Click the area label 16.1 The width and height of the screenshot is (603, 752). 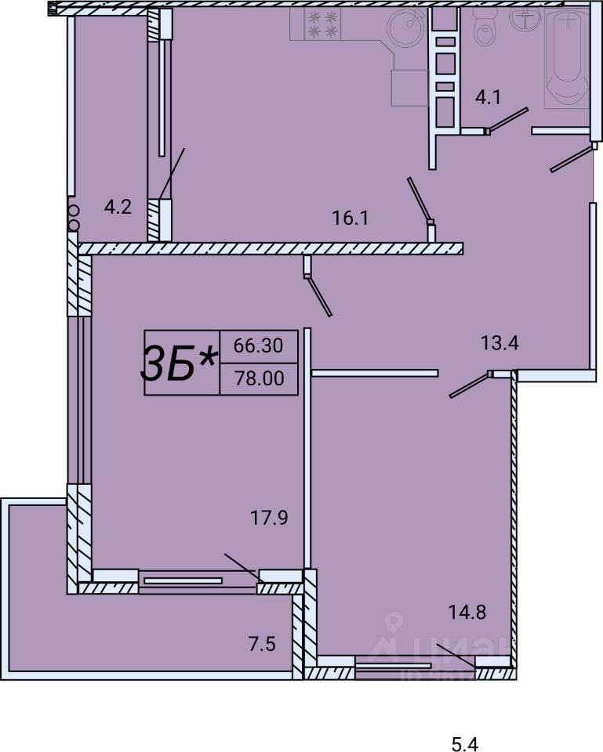click(x=351, y=219)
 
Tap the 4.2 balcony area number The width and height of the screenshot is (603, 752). click(x=118, y=207)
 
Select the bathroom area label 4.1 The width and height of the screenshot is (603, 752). click(x=488, y=97)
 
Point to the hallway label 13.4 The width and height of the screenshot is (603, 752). click(x=499, y=343)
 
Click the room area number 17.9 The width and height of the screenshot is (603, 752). click(x=269, y=518)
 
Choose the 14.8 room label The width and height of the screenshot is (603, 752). click(x=467, y=612)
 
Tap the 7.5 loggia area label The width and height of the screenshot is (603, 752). click(x=262, y=644)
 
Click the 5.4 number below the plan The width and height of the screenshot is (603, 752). click(x=465, y=744)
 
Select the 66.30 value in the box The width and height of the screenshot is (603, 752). click(x=258, y=345)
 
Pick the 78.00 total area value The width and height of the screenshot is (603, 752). click(x=260, y=378)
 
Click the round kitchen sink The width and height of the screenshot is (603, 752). click(x=405, y=28)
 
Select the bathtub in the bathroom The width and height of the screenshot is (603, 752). click(x=567, y=57)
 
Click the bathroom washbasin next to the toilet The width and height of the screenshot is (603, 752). click(x=526, y=18)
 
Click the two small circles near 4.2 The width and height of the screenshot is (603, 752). click(x=74, y=218)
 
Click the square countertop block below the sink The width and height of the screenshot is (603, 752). click(x=409, y=87)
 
